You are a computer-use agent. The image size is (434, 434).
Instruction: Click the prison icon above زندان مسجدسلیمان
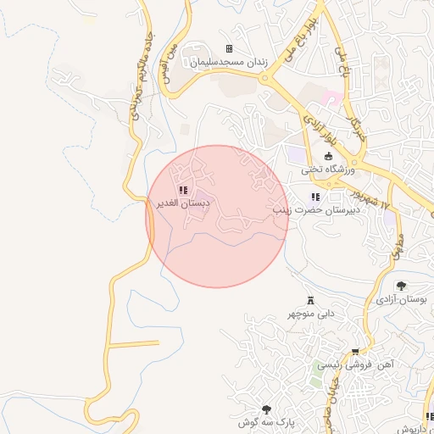pos(228,49)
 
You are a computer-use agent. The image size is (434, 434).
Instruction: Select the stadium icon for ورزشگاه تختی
pos(329,155)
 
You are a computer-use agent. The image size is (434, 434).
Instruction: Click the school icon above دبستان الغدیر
pos(183,190)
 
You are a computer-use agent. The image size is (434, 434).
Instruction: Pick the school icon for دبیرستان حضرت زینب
pos(315,198)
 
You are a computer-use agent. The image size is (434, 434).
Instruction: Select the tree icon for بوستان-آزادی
pos(401,286)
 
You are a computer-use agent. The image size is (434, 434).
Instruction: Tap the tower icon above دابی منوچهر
pos(310,300)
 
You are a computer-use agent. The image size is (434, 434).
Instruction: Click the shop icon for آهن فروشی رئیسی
pos(355,351)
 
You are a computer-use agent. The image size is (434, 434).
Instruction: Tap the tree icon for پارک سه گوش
pos(268,409)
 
